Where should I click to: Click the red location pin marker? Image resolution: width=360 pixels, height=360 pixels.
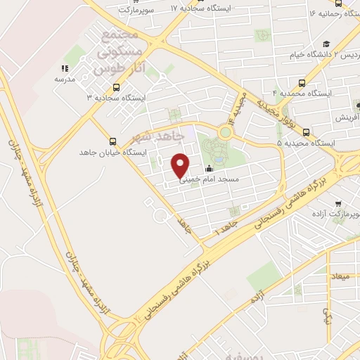181,165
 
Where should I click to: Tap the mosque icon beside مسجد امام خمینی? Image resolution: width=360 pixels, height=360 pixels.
209,169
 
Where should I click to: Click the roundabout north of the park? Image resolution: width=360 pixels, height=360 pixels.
226,131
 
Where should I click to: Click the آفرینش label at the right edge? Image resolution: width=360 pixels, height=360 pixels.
345,117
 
